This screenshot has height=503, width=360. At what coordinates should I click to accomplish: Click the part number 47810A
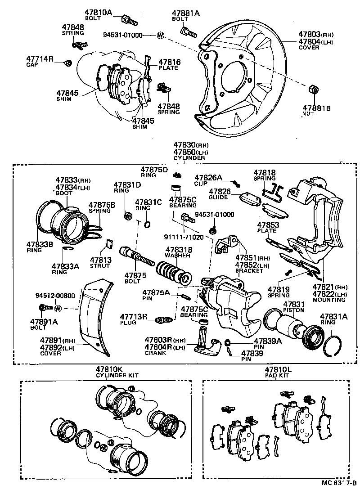[98, 13]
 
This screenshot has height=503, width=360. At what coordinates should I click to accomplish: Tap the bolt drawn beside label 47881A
[188, 32]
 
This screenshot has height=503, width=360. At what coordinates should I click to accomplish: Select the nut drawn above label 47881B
[314, 89]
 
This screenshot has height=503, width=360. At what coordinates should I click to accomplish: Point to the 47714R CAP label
[40, 58]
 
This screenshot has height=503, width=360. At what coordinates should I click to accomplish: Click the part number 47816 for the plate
[169, 62]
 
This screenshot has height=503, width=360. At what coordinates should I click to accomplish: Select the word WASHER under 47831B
[179, 256]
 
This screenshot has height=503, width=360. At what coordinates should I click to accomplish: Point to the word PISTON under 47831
[293, 310]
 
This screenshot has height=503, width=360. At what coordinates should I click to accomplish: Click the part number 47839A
[267, 341]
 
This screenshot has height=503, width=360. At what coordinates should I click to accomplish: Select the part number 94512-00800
[56, 296]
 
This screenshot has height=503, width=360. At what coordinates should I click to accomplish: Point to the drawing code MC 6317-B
[339, 495]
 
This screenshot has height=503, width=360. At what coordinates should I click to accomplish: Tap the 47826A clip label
[208, 177]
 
